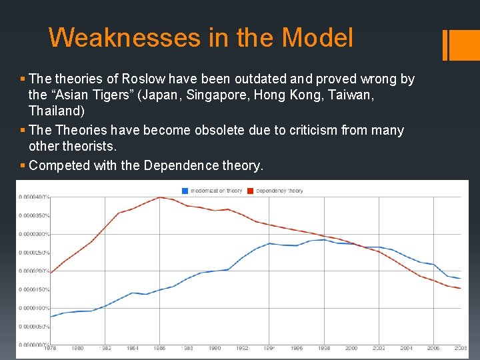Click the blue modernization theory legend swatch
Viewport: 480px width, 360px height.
tap(185, 191)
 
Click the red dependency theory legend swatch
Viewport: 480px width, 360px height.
tap(251, 191)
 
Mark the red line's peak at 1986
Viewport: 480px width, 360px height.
tap(159, 197)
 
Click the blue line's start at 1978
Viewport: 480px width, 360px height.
tap(51, 317)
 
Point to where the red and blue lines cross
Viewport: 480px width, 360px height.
tap(361, 246)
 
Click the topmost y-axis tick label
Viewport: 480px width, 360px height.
tap(33, 197)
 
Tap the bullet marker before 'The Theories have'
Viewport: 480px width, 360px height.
tap(23, 131)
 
